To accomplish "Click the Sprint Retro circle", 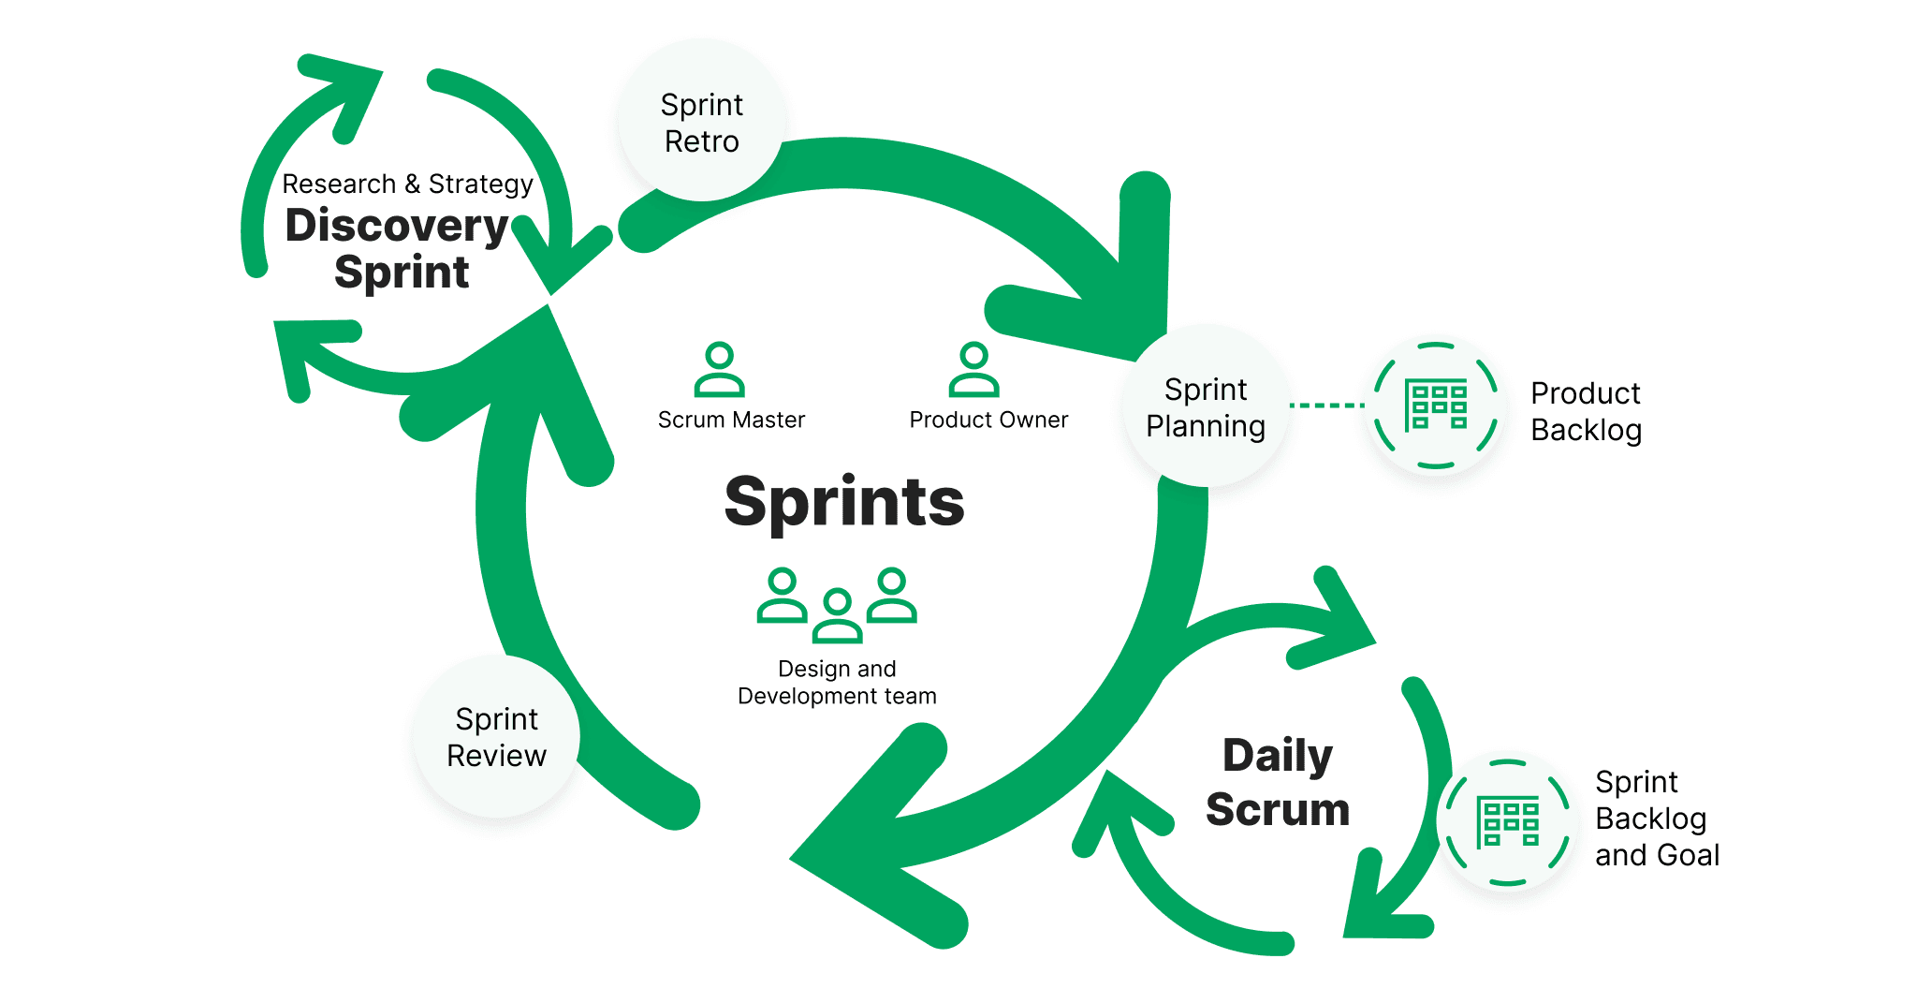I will coord(701,122).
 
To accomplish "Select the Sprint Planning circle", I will coord(1206,406).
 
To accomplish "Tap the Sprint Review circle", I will coord(496,736).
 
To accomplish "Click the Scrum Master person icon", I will coord(719,370).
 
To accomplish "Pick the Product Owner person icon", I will coord(973,370).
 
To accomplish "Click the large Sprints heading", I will coord(843,502).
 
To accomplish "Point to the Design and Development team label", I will coord(837,682).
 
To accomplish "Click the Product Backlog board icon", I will coord(1435,406).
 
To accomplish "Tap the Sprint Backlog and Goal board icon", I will coord(1507,822).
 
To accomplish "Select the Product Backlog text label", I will coord(1586,411).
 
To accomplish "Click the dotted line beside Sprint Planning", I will coord(1326,406).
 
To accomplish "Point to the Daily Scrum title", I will coord(1278,782).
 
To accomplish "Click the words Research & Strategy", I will coord(407,184).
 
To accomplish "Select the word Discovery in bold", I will coord(397,226).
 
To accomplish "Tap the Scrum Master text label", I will coord(731,420).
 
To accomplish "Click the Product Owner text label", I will coord(988,420).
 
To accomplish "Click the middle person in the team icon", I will coord(837,616).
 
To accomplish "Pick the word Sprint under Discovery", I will coord(402,273).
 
